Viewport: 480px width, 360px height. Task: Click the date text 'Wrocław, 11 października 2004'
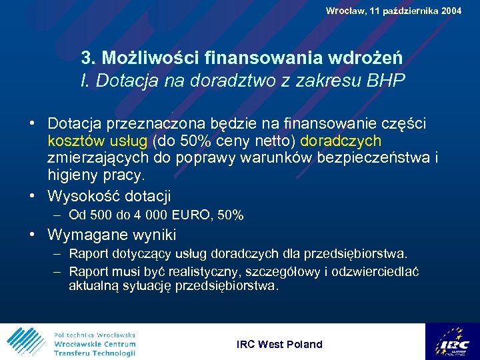[393, 10]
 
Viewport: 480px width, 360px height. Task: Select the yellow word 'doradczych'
[341, 141]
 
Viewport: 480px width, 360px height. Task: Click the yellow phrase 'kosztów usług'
[98, 141]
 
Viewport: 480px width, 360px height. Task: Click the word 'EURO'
[192, 215]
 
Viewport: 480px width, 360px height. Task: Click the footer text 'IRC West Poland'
[279, 344]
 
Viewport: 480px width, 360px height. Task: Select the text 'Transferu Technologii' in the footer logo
[95, 353]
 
